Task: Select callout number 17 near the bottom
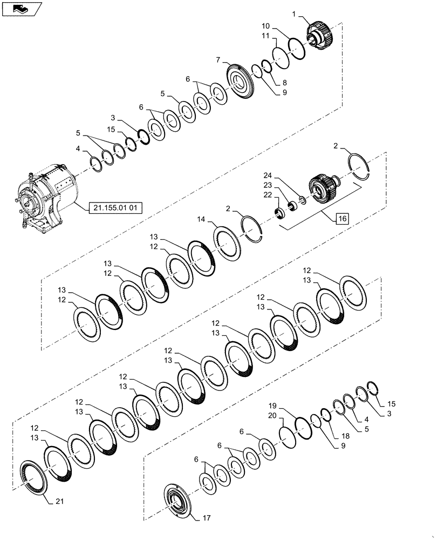tap(206, 518)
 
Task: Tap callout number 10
tap(266, 26)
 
